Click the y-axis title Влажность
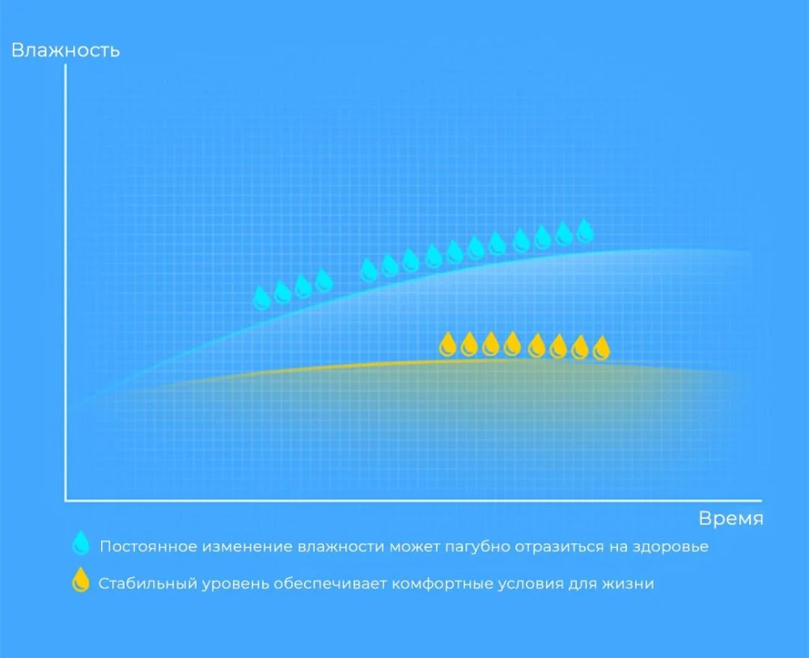[66, 51]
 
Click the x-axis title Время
[731, 518]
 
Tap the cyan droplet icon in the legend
[81, 543]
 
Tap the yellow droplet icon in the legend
[80, 580]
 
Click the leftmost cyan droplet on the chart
[262, 298]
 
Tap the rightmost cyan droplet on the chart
[585, 230]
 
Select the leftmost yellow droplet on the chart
[447, 344]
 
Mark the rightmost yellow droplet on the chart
[602, 348]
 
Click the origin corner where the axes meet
[66, 500]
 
